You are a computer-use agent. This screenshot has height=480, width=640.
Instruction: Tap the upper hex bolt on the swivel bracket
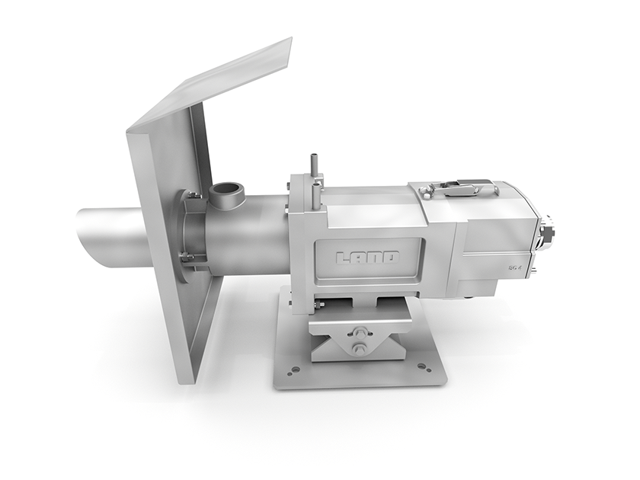[360, 332]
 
